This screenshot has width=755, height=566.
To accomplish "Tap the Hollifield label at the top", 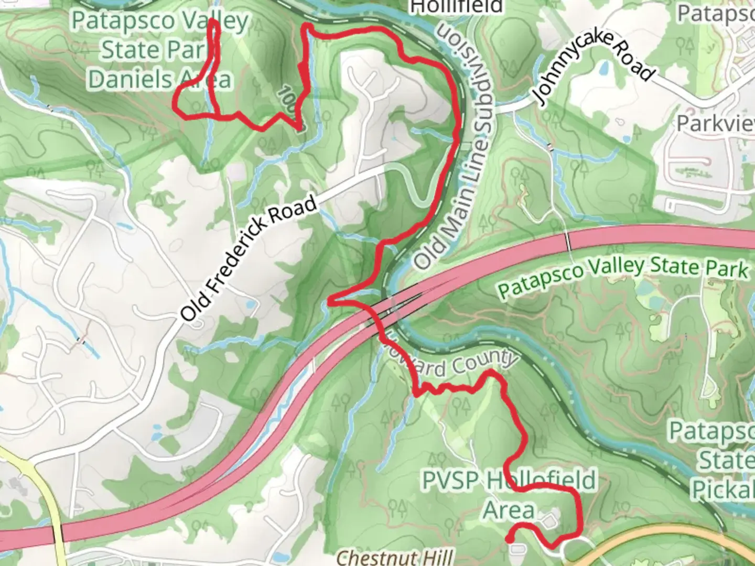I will click(456, 7).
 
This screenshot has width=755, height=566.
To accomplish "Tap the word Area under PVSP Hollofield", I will click(508, 510).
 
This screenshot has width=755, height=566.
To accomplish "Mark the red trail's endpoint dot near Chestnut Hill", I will click(509, 539).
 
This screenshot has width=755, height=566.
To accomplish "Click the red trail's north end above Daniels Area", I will click(213, 22).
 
